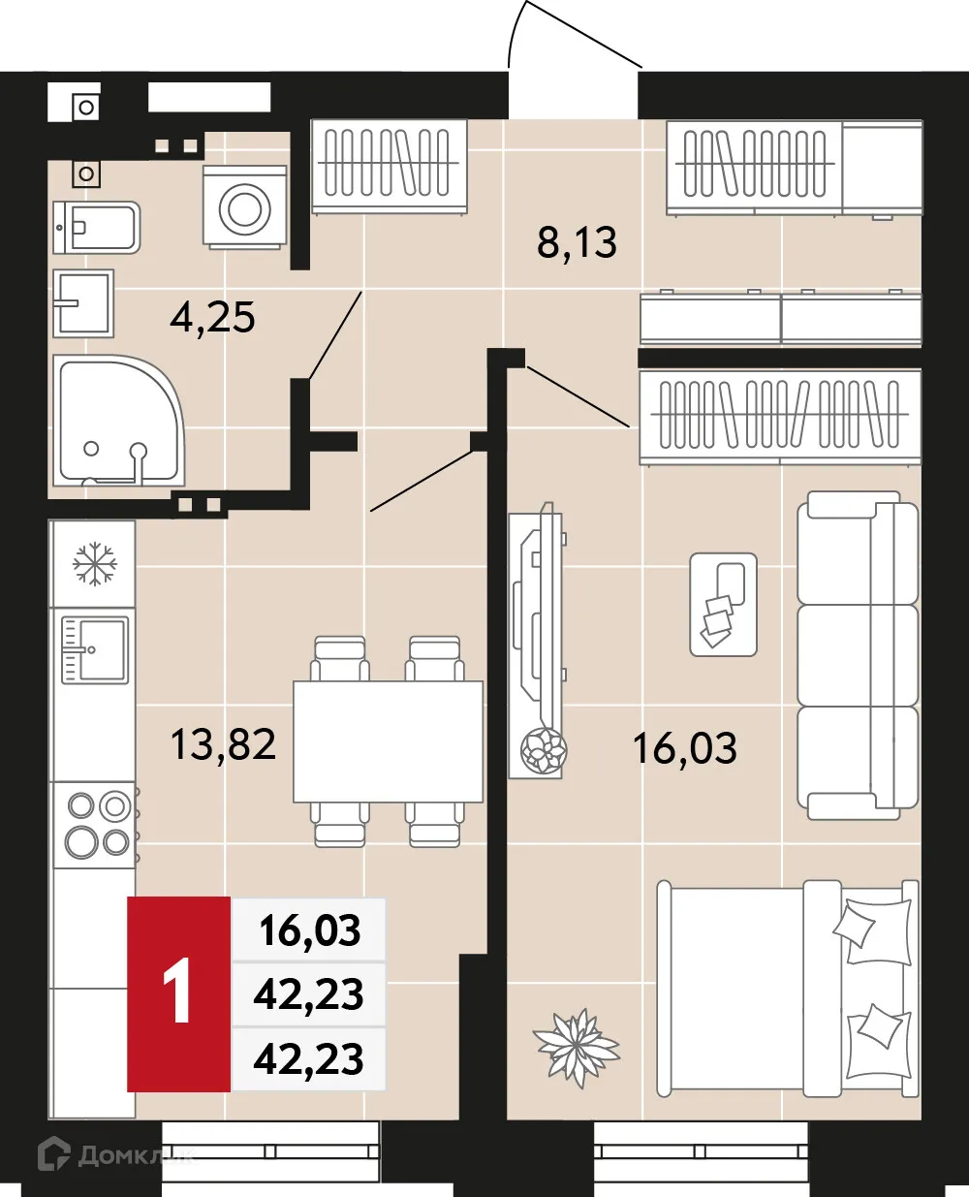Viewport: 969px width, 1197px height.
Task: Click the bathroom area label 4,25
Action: (x=212, y=317)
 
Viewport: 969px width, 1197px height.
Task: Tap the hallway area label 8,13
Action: (x=577, y=241)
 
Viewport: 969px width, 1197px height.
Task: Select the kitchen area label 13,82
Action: (x=223, y=744)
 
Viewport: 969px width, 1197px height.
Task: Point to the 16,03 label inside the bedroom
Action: (x=684, y=748)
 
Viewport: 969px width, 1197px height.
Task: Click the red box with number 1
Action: (x=179, y=993)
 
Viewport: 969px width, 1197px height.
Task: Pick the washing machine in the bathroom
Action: (x=245, y=206)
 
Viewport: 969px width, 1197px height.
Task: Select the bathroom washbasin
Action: (x=83, y=302)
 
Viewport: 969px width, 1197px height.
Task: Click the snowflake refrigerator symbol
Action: (x=95, y=563)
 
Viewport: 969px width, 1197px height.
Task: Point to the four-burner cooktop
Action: (x=98, y=824)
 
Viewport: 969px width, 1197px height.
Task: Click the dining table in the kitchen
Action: (x=388, y=741)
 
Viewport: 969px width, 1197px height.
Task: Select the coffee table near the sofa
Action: (x=723, y=605)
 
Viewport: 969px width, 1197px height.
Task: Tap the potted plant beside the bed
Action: (x=576, y=1045)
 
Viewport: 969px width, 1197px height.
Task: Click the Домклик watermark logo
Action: (x=112, y=1154)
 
